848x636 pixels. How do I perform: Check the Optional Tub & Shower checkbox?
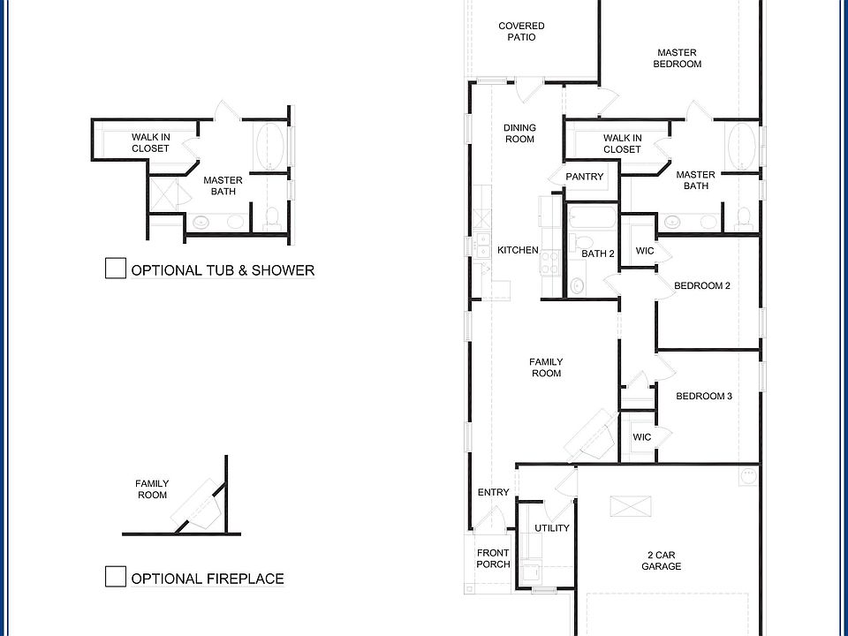click(115, 269)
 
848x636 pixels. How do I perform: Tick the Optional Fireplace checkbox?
click(115, 577)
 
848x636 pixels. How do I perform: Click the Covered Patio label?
click(521, 32)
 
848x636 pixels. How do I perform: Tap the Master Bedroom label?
click(678, 58)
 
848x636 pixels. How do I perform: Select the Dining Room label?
click(519, 133)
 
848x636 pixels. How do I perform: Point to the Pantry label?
click(585, 177)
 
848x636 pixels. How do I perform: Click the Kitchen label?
click(519, 250)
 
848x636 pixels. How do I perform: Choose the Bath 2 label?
click(598, 254)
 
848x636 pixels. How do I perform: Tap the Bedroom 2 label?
click(702, 285)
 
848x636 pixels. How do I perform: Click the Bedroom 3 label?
click(704, 396)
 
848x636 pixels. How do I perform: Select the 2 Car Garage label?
click(662, 560)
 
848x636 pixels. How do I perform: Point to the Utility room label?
click(551, 528)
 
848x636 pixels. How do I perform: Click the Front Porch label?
click(493, 558)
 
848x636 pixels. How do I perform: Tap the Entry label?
click(493, 492)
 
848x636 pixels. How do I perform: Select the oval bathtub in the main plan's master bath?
click(741, 147)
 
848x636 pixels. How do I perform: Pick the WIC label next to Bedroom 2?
click(645, 250)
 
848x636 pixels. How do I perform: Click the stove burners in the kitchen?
click(551, 262)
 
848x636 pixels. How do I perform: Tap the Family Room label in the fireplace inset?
click(152, 488)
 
